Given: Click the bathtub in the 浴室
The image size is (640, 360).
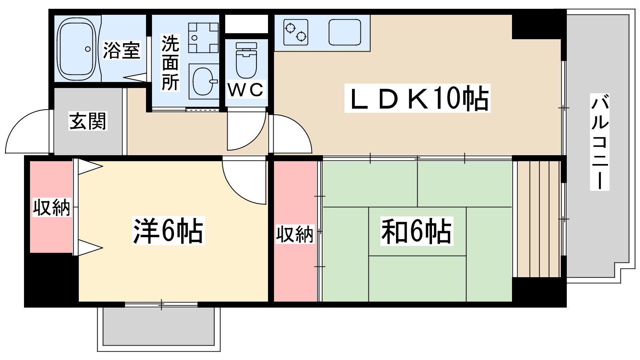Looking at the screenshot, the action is [76, 48].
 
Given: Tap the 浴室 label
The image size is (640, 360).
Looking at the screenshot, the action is [122, 50].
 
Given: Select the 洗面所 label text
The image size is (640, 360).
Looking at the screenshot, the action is [170, 62].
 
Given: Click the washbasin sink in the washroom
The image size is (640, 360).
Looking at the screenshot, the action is [204, 82].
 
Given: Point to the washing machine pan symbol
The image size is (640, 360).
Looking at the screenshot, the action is [204, 38].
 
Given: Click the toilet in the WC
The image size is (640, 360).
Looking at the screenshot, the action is [246, 60].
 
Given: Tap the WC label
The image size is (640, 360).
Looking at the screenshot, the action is [246, 90].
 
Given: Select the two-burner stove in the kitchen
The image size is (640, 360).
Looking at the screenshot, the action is [296, 32].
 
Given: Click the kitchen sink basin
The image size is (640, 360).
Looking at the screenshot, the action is [344, 32].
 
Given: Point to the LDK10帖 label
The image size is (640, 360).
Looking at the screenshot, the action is [418, 98].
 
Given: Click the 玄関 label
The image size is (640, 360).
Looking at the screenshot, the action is [88, 121].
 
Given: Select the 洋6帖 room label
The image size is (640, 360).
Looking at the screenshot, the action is [168, 231].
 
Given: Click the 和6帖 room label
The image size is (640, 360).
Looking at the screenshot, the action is [417, 231].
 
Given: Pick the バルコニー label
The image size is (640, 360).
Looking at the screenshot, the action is [600, 142].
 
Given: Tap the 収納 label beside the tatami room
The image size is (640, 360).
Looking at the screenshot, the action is [294, 234].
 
